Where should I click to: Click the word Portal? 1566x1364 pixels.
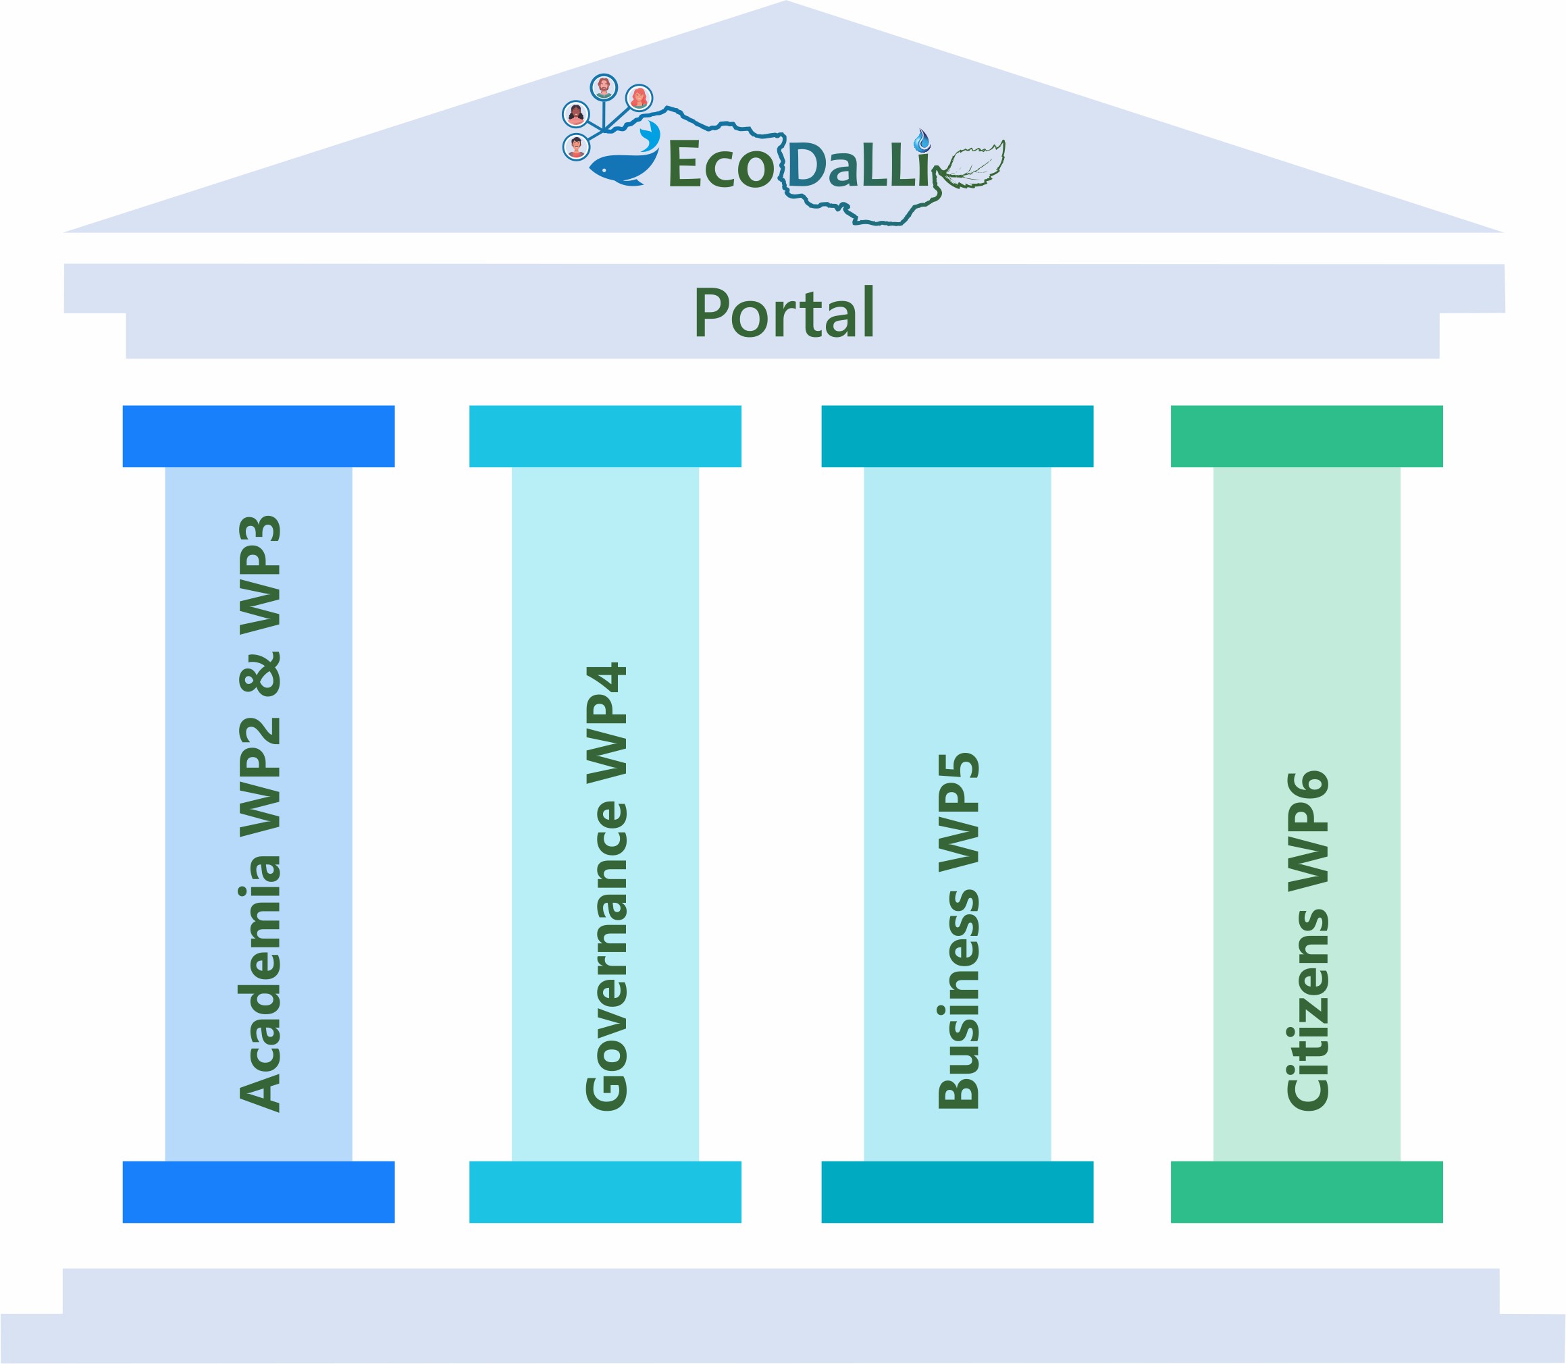pyautogui.click(x=784, y=313)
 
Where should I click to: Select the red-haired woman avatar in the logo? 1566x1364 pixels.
pyautogui.click(x=639, y=98)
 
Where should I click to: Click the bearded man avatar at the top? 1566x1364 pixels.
pyautogui.click(x=604, y=87)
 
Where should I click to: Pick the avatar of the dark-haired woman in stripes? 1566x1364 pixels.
pyautogui.click(x=575, y=114)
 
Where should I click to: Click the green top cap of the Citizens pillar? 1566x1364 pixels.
pyautogui.click(x=1307, y=436)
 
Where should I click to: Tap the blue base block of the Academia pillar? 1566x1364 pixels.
pyautogui.click(x=259, y=1192)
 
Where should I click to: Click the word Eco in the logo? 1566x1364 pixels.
pyautogui.click(x=719, y=165)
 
